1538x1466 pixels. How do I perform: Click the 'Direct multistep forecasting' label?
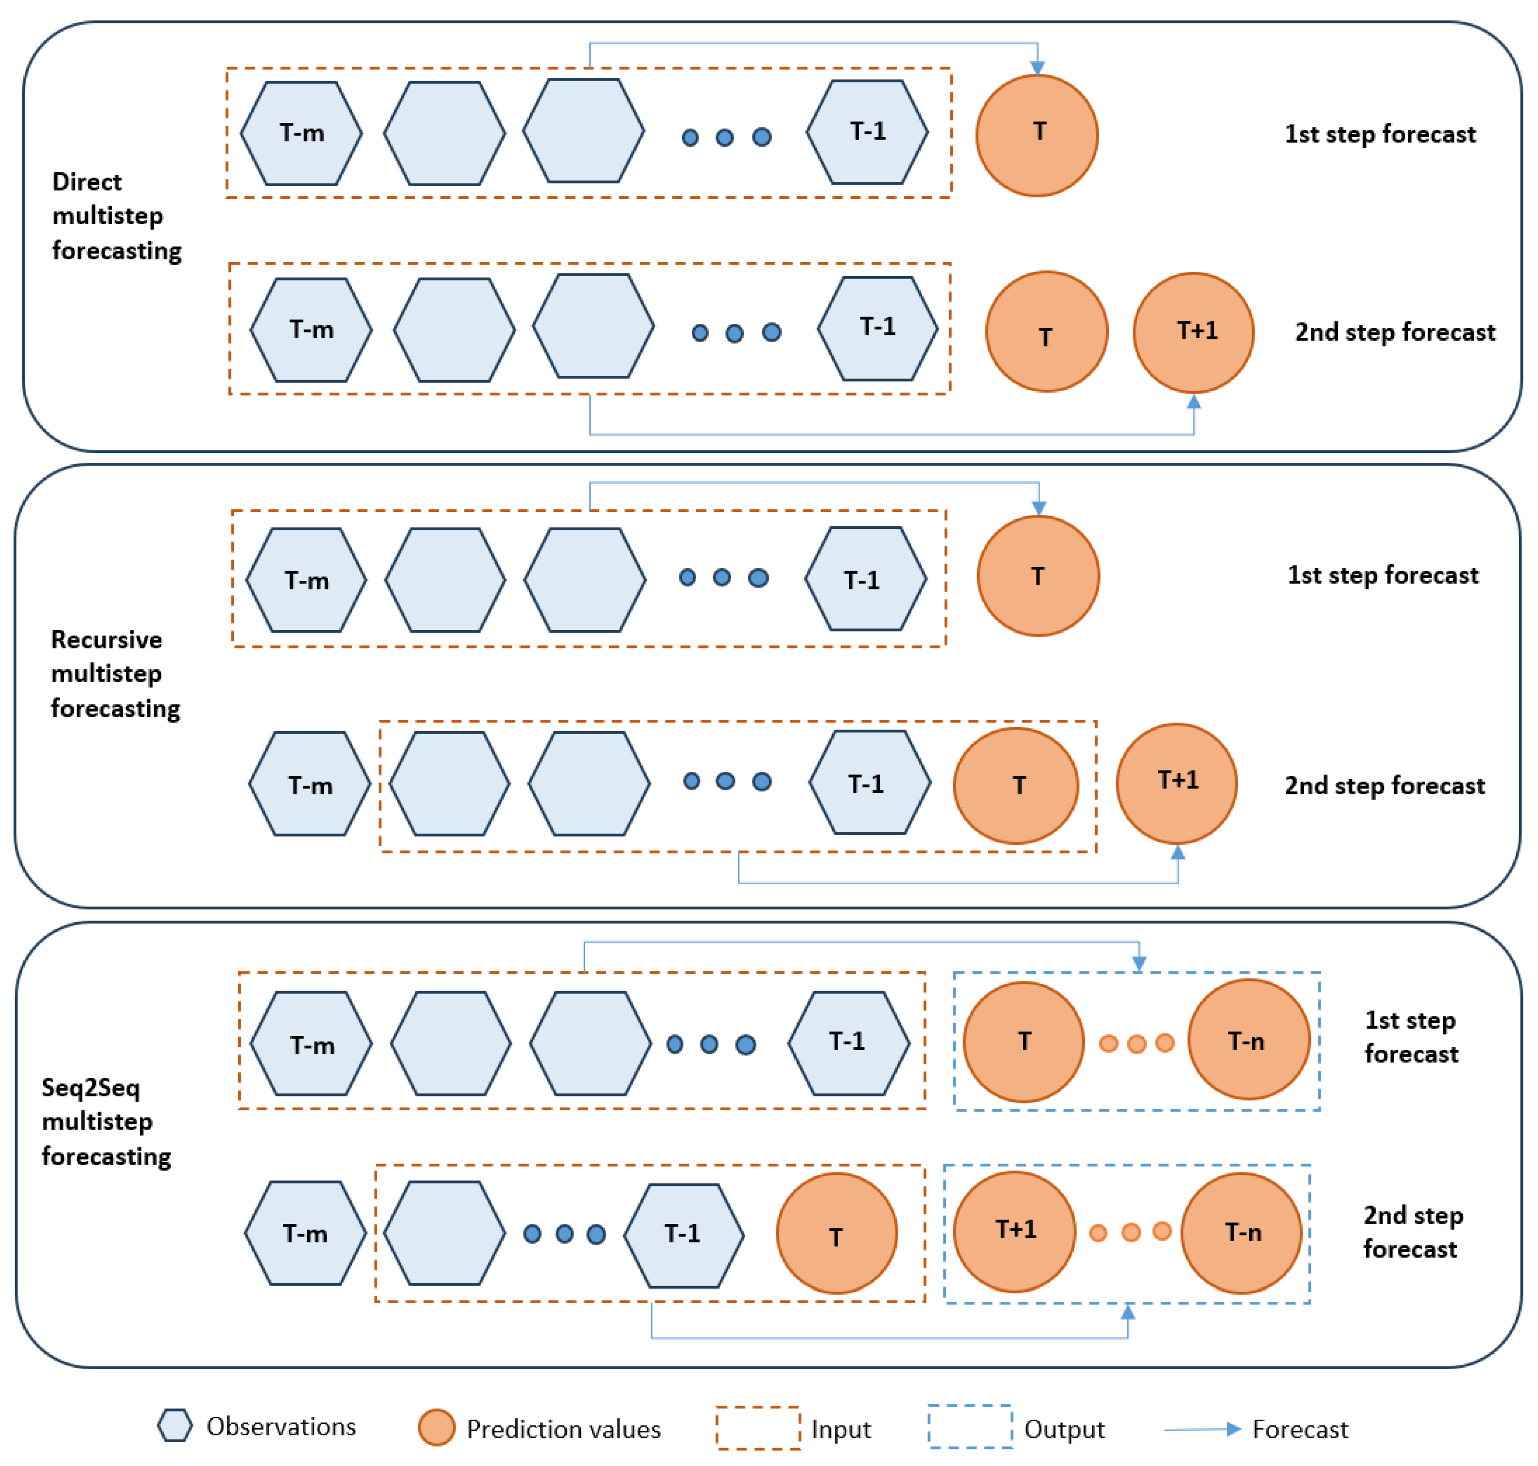(116, 216)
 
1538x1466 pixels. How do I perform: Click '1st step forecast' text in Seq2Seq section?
(1411, 1036)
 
